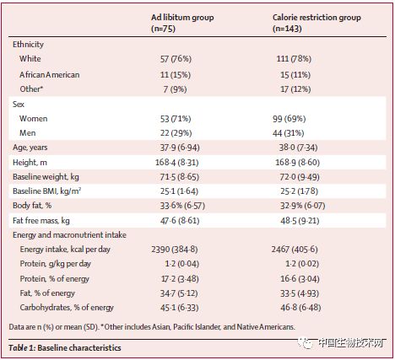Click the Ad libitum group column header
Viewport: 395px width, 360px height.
tap(182, 23)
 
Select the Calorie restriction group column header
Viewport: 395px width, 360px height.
tap(317, 23)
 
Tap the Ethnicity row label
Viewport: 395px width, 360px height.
tap(28, 45)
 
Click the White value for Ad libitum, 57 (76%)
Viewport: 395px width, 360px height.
tap(176, 59)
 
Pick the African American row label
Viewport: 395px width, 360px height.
tap(50, 75)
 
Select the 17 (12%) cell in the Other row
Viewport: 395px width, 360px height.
tap(295, 89)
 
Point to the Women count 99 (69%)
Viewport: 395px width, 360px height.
tap(289, 119)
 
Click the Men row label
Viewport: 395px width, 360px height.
tap(28, 132)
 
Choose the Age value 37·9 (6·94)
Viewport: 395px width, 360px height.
tap(180, 148)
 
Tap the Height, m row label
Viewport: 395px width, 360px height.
tap(30, 163)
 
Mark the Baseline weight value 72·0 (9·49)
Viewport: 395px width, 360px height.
tap(299, 177)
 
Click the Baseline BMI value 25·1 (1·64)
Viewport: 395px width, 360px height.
tap(179, 191)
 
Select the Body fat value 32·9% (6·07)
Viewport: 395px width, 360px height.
tap(302, 206)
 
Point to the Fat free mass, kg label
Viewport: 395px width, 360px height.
tap(41, 221)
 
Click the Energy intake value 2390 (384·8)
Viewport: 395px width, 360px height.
tap(175, 250)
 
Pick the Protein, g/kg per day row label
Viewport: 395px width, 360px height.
tap(56, 264)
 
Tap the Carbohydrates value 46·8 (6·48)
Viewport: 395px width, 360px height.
tap(300, 308)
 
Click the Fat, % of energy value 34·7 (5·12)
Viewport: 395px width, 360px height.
tap(179, 293)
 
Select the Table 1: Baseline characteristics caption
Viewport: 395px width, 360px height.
tap(65, 348)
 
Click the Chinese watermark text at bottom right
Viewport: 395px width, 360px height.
tap(351, 343)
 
